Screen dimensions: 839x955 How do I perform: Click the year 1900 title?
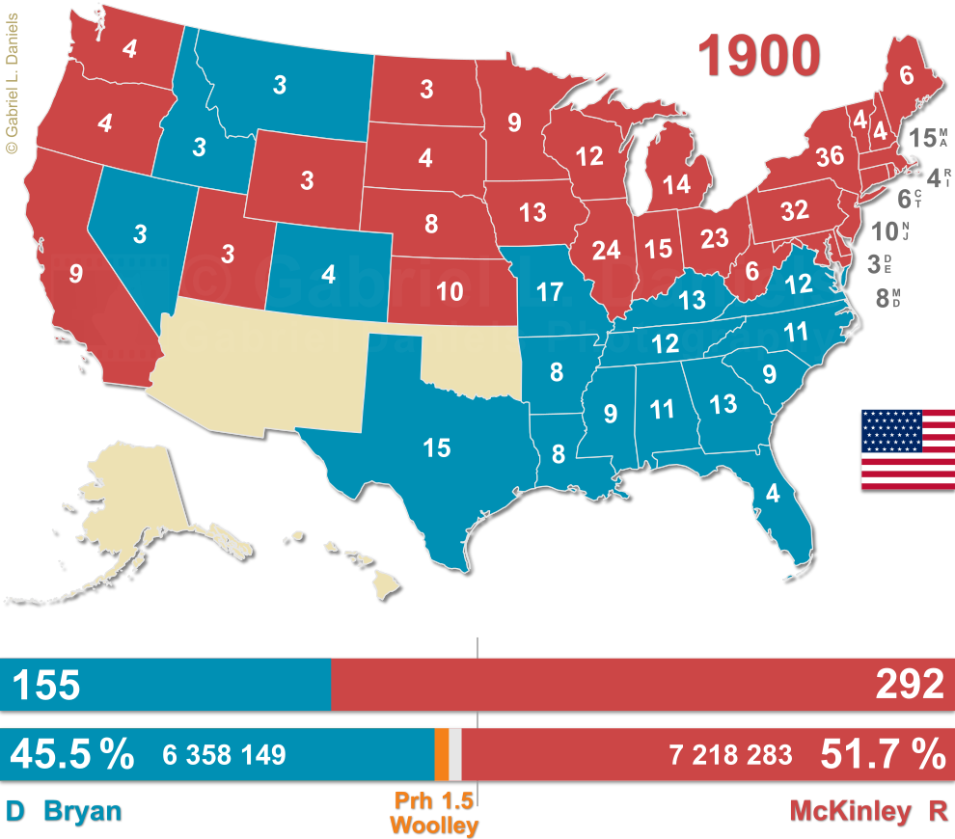761,55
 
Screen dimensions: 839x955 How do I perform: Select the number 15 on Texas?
437,447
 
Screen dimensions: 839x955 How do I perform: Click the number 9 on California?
76,273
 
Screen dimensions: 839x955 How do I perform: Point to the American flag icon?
908,448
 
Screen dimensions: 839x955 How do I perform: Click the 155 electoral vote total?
45,685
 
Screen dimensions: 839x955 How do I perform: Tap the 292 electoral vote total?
909,685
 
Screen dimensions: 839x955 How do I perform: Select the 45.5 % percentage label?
71,754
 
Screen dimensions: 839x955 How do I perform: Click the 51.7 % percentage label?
883,754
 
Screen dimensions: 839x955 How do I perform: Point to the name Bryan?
84,811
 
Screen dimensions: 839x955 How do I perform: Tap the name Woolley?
434,825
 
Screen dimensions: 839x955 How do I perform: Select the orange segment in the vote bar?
441,754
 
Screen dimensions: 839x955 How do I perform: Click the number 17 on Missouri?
550,290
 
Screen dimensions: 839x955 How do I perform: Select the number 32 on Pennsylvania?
794,210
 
